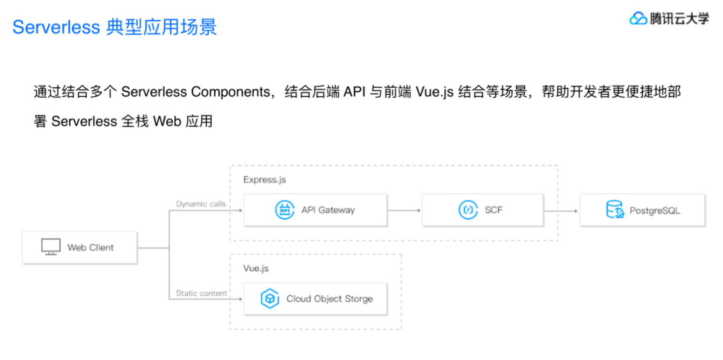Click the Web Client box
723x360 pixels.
80,247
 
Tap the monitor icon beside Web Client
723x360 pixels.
51,247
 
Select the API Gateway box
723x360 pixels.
315,210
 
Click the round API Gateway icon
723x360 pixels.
285,210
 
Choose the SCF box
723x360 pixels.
482,210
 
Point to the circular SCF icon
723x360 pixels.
468,210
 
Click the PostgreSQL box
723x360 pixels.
642,210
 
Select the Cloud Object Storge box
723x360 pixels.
315,299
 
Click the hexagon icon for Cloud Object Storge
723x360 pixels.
270,299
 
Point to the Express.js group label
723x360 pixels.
265,180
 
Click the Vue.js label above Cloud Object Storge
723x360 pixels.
256,268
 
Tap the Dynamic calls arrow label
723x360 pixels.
201,204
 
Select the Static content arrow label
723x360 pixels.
201,293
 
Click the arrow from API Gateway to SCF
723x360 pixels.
404,210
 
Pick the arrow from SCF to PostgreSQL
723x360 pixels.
561,210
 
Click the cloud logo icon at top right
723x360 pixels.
638,19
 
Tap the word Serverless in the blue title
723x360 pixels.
56,27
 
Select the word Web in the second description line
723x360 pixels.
167,121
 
